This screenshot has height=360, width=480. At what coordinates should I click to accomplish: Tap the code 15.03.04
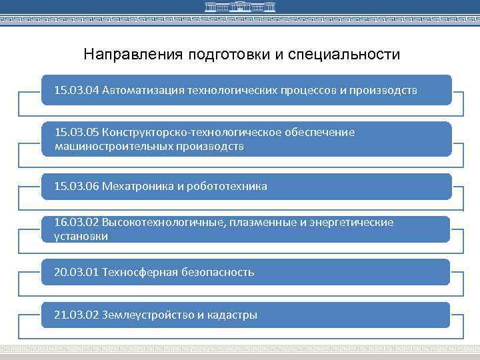pyautogui.click(x=77, y=90)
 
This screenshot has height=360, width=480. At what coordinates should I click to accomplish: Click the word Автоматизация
pyautogui.click(x=143, y=90)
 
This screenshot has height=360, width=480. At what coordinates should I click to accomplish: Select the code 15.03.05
pyautogui.click(x=77, y=133)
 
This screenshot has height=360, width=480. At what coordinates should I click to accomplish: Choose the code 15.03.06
pyautogui.click(x=77, y=186)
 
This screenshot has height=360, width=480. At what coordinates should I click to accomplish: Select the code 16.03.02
pyautogui.click(x=77, y=223)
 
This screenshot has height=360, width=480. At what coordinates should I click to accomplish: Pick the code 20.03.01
pyautogui.click(x=77, y=272)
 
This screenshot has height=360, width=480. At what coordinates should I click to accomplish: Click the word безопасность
pyautogui.click(x=218, y=272)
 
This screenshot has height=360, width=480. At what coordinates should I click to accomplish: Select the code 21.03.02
pyautogui.click(x=77, y=315)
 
